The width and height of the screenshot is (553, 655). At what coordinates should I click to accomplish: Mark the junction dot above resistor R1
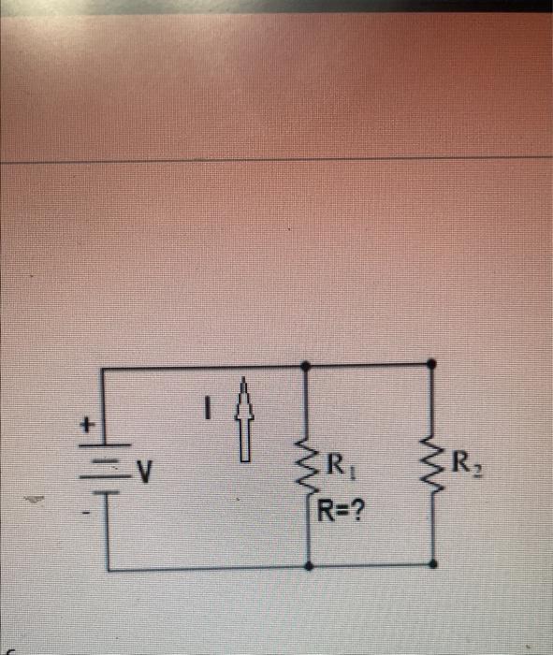309,365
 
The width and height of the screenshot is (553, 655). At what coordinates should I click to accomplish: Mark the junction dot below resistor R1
309,567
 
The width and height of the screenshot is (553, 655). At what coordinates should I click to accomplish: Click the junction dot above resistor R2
431,362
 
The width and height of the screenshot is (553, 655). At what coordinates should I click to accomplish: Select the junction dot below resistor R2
431,563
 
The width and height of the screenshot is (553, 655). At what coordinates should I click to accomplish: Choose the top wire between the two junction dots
370,363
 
